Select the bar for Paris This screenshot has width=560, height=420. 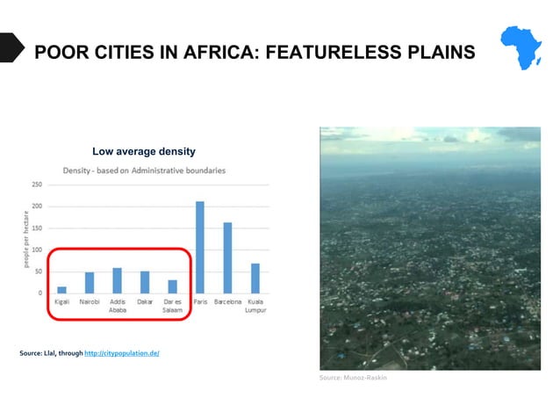pos(199,247)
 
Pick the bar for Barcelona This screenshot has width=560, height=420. pos(227,257)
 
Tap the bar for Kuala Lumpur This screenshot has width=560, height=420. pos(255,278)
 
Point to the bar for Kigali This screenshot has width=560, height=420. pos(61,289)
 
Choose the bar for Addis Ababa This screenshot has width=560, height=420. pos(117,280)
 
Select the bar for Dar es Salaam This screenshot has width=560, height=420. pos(172,286)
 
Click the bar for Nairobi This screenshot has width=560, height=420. pos(89,282)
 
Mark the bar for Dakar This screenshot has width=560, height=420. pos(145,282)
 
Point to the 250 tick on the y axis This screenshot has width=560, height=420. pos(36,185)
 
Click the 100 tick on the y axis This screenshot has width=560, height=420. pos(36,250)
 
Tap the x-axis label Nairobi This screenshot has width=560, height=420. pos(89,301)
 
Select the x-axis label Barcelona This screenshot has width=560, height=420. pos(228,301)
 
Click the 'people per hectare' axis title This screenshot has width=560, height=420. pos(26,239)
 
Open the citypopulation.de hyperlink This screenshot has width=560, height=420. pos(122,353)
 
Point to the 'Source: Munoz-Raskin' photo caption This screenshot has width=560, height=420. pos(352,378)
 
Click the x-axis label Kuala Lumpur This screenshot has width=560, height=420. pos(255,306)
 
